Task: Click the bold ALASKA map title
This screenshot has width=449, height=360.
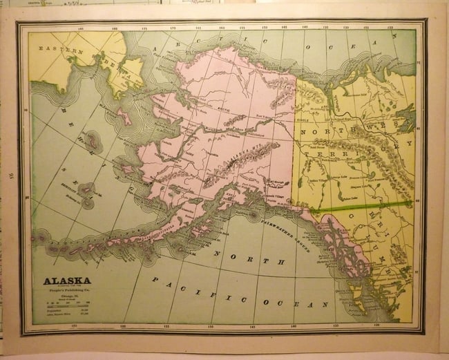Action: tap(67, 281)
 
